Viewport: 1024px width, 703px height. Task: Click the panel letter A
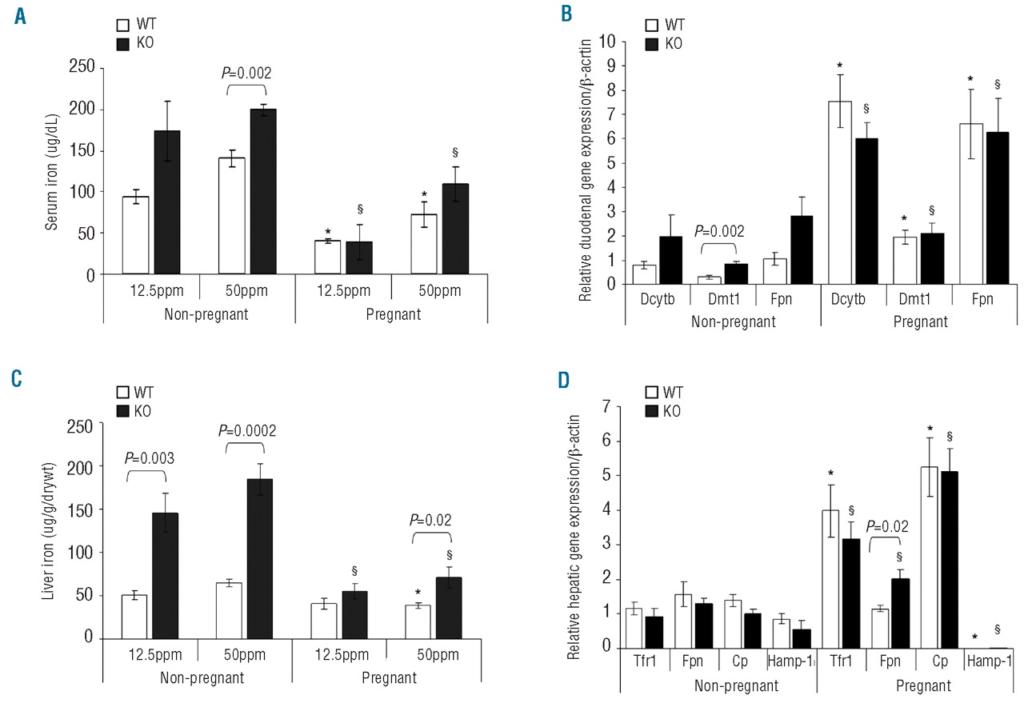tap(19, 15)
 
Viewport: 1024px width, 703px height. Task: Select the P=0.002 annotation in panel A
tap(246, 73)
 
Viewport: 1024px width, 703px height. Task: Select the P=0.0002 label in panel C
tap(249, 431)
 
